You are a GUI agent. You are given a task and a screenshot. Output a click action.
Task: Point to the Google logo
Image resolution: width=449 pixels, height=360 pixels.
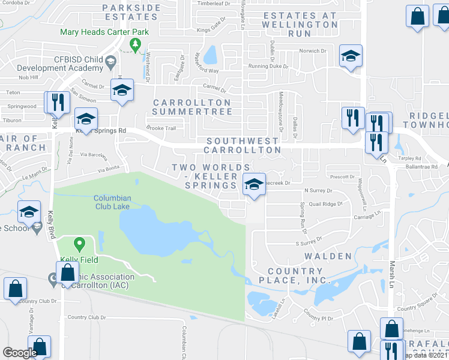(x=19, y=353)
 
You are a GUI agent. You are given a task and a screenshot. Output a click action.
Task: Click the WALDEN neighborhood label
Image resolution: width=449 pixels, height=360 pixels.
(x=328, y=256)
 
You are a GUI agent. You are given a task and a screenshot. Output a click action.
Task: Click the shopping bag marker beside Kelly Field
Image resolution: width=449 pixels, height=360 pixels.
(x=67, y=274)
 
